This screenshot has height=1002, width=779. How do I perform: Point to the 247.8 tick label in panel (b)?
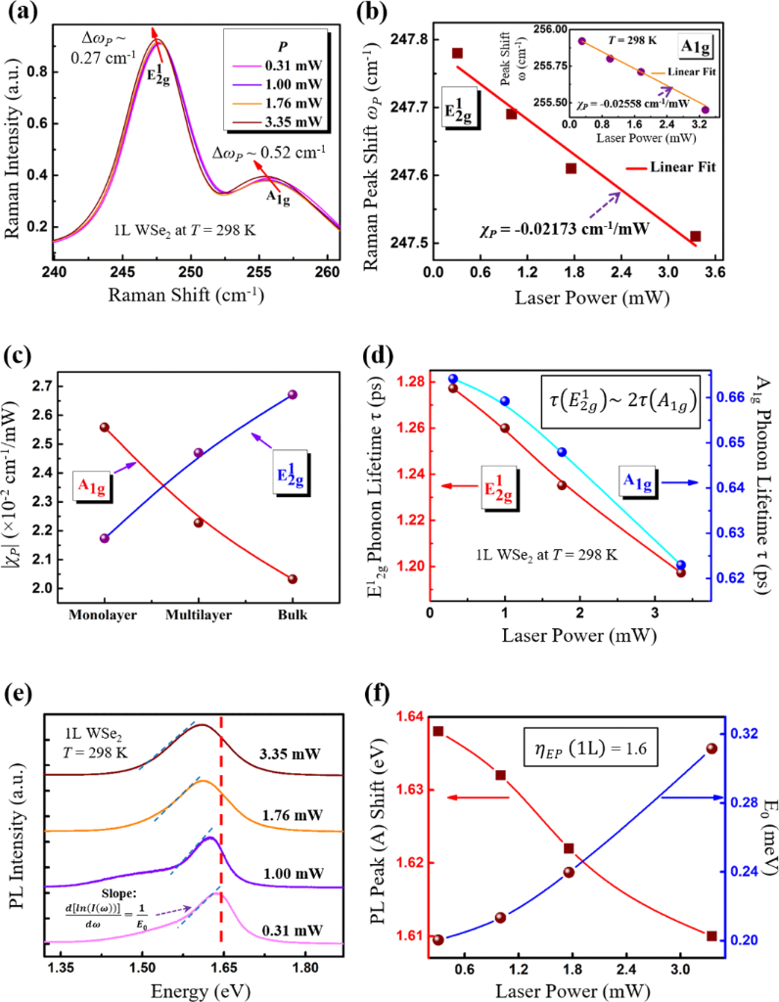(x=410, y=39)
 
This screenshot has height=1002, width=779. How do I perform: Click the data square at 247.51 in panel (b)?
(x=696, y=236)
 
